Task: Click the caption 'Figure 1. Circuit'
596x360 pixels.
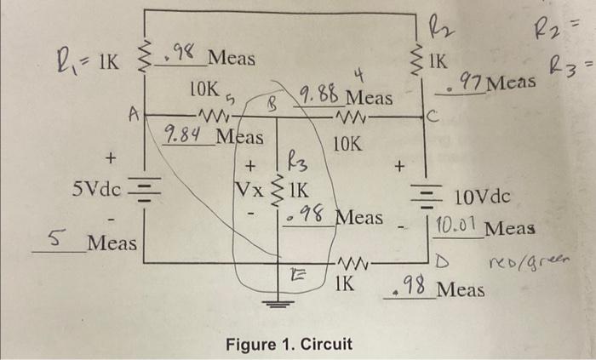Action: tap(289, 344)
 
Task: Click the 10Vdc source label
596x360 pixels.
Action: tap(482, 198)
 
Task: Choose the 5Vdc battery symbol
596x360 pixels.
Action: tap(144, 189)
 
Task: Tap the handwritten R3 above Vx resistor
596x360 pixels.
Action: tap(295, 157)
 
